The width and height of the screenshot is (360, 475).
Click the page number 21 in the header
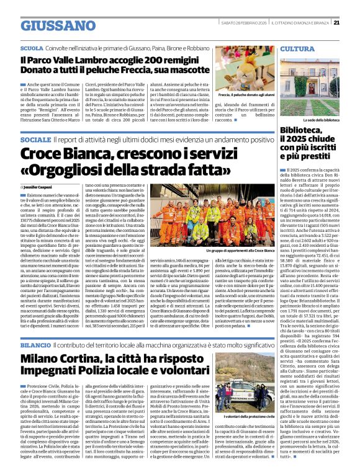[x=336, y=23]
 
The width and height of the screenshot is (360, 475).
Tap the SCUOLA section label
[x=32, y=48]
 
